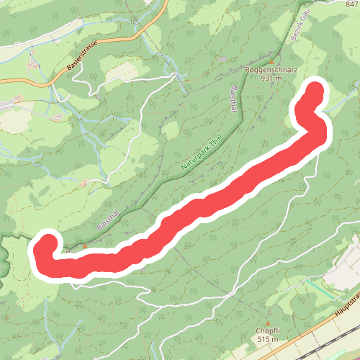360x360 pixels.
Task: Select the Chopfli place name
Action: (267, 332)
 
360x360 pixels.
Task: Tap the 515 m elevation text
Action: (267, 340)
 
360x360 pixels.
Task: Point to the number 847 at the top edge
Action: (351, 4)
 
